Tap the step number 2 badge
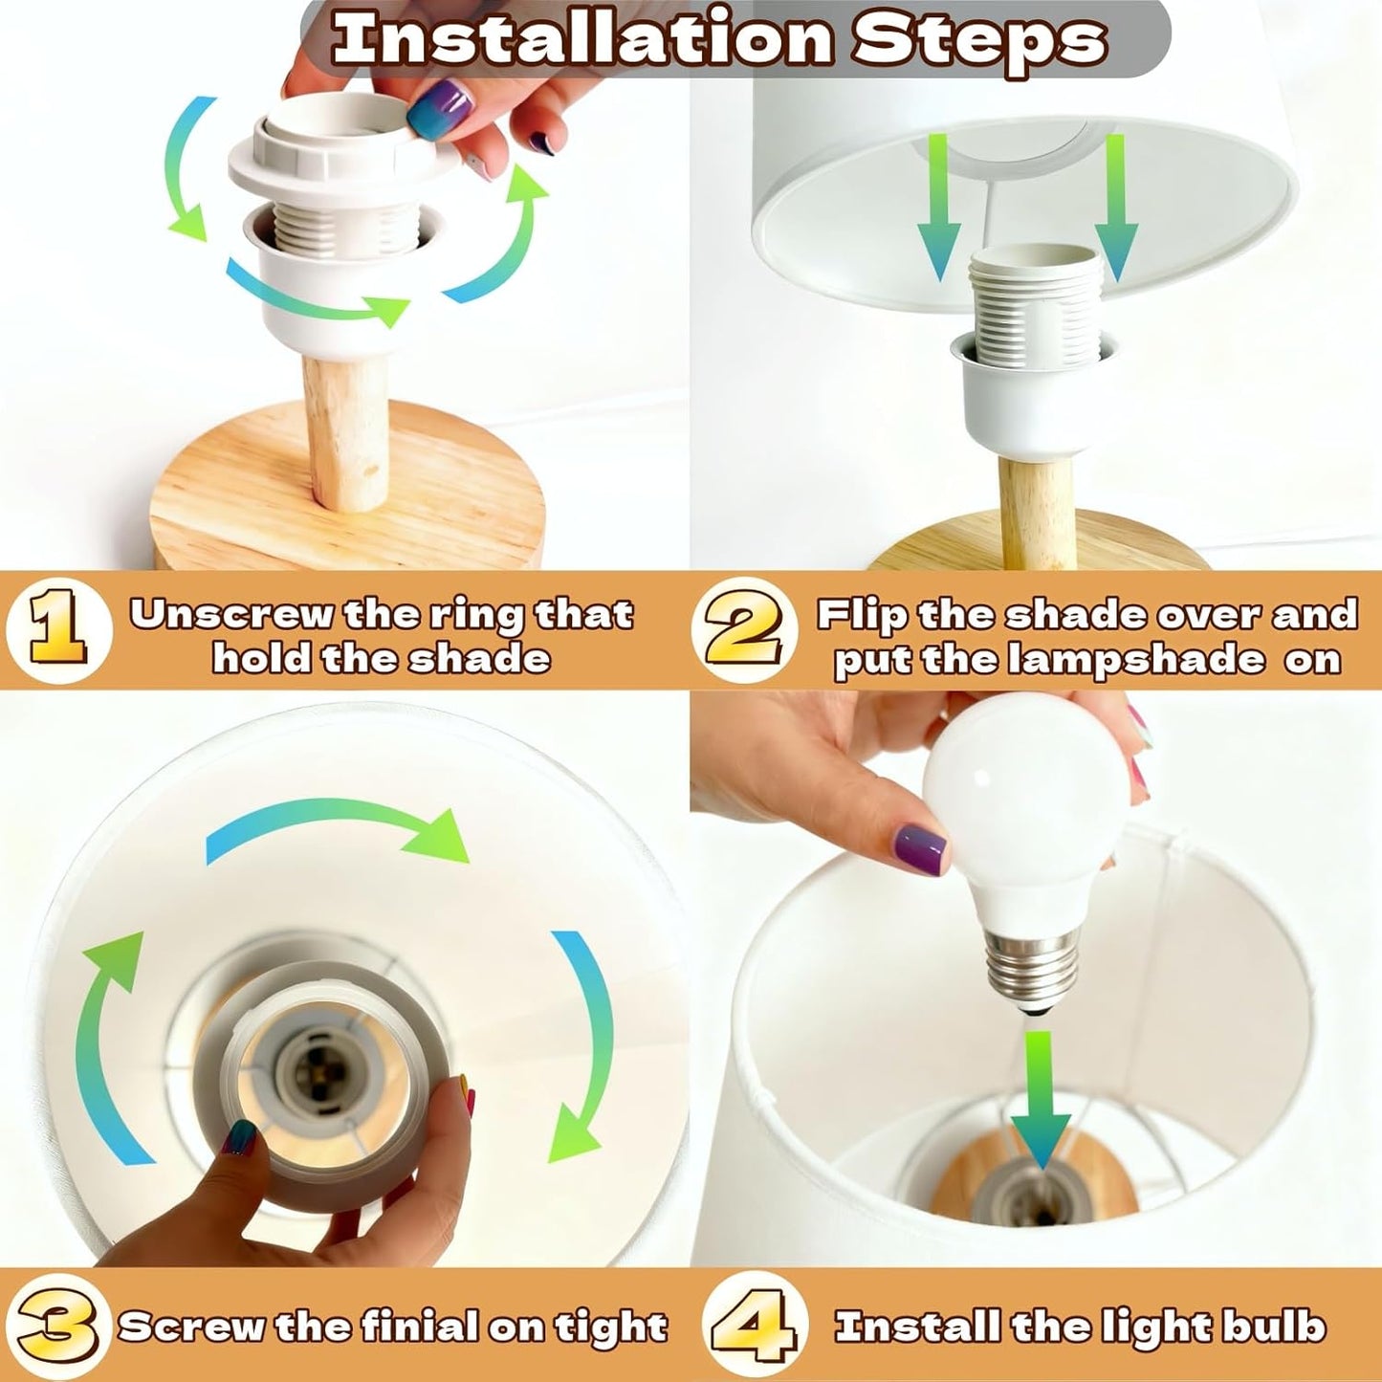click(x=744, y=630)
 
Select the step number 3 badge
click(x=58, y=1306)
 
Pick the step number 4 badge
click(x=752, y=1306)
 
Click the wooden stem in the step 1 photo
click(x=343, y=430)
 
